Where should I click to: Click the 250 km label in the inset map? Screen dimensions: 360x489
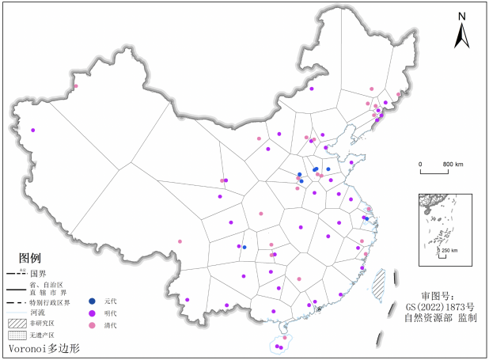[x=449, y=251]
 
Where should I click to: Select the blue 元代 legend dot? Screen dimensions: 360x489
[x=93, y=301]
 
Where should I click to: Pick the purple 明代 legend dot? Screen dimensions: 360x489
[x=93, y=313]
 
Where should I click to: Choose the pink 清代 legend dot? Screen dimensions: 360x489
[x=93, y=326]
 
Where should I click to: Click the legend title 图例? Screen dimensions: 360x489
[x=29, y=259]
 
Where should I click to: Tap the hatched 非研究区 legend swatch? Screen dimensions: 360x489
[x=17, y=323]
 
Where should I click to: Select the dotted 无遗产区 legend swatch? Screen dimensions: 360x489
[x=17, y=335]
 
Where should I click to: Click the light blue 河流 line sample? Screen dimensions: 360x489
[x=17, y=313]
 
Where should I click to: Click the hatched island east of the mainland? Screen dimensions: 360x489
[x=379, y=283]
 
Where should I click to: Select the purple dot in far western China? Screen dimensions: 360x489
[x=32, y=130]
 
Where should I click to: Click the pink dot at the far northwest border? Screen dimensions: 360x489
[x=76, y=86]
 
